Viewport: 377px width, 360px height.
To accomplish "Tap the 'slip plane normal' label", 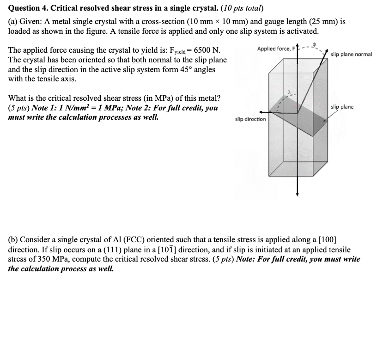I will pyautogui.click(x=351, y=55).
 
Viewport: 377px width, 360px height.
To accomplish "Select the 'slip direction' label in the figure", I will pyautogui.click(x=250, y=119).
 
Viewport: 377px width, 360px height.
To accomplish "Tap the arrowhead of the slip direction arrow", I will pyautogui.click(x=261, y=112).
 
